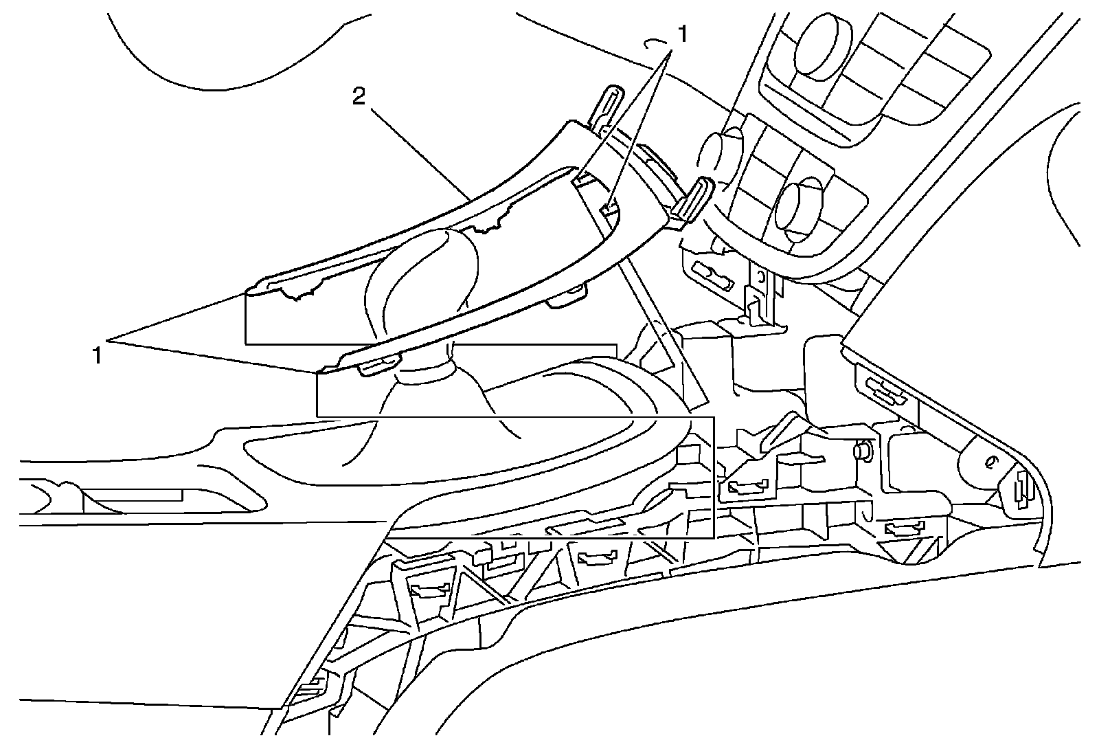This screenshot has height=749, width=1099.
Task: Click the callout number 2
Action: coord(359,97)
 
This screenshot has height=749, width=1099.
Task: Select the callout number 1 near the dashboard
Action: coord(683,33)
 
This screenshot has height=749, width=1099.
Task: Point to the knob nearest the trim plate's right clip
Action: coord(720,153)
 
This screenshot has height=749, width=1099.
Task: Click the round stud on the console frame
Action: coord(861,451)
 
